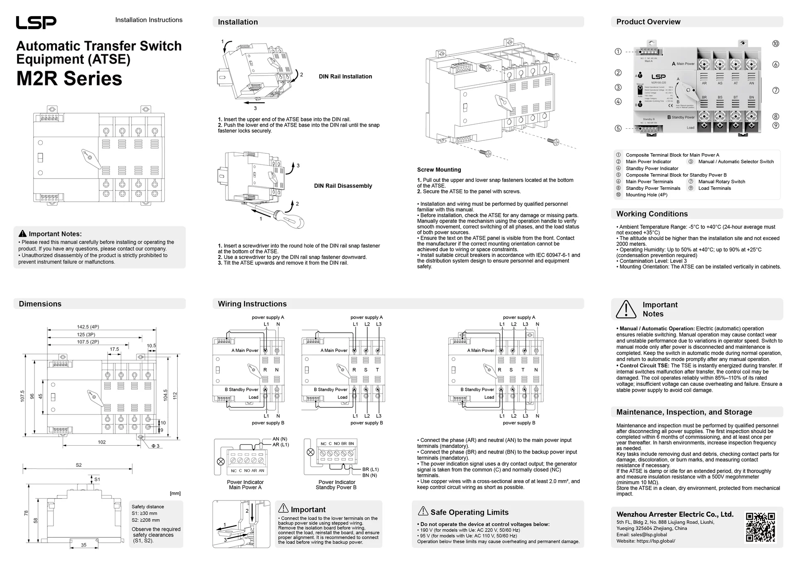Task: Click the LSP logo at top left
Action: pos(36,22)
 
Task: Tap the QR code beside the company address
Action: pos(760,527)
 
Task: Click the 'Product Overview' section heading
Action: pos(648,22)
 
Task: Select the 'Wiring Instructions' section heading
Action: pos(252,304)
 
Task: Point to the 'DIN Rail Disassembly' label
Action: pos(343,186)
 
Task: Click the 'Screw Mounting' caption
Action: pos(439,170)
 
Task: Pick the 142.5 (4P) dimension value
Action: pos(88,327)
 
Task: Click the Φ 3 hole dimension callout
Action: pos(155,446)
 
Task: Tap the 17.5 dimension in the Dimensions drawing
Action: pos(114,349)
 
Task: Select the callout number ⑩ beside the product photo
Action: pos(775,44)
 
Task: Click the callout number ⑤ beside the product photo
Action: pos(618,128)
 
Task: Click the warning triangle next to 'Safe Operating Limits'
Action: pos(423,511)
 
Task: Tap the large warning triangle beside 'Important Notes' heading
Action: pos(626,309)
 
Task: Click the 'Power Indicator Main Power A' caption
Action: pos(245,485)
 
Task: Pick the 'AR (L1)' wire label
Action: pos(281,445)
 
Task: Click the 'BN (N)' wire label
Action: pos(369,476)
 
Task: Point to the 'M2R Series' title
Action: pos(69,78)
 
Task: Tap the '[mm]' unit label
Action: pos(175,493)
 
